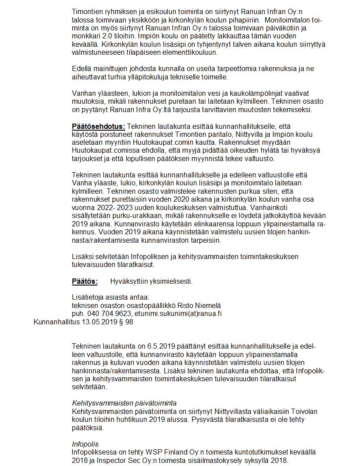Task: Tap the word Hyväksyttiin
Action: (x=128, y=281)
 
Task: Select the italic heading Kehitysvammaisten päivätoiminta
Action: (x=124, y=403)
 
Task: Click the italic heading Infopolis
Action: (x=85, y=444)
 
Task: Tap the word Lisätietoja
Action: (x=88, y=297)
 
